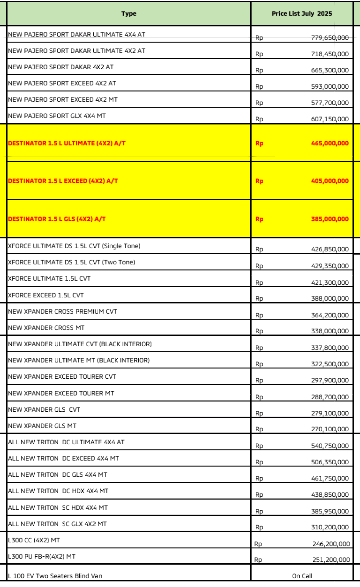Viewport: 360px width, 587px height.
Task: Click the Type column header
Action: point(129,14)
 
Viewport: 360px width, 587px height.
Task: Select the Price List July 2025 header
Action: point(301,14)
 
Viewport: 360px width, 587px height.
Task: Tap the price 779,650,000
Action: point(330,38)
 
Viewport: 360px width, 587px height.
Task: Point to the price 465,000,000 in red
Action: point(330,143)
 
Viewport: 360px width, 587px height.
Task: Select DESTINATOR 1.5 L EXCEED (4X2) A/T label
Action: point(63,181)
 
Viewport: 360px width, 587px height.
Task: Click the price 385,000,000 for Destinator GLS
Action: point(330,219)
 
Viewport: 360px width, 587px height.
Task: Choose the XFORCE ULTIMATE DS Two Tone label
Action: point(72,262)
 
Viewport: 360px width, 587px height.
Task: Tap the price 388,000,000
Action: point(330,299)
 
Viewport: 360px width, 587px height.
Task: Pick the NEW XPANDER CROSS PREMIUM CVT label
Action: point(63,312)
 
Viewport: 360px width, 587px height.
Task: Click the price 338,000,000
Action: point(330,331)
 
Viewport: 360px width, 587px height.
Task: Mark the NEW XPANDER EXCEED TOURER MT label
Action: point(61,393)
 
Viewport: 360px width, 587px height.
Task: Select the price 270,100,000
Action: point(330,429)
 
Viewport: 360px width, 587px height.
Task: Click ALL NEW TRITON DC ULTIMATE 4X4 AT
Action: point(66,442)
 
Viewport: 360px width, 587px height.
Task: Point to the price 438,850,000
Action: point(330,495)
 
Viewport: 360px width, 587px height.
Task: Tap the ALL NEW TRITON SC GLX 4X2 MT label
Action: point(57,524)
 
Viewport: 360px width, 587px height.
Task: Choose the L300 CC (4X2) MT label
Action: point(34,540)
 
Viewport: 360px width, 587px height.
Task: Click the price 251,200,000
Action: point(330,560)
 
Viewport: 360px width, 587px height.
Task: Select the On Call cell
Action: point(302,576)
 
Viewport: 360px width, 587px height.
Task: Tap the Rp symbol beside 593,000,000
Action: point(259,87)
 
